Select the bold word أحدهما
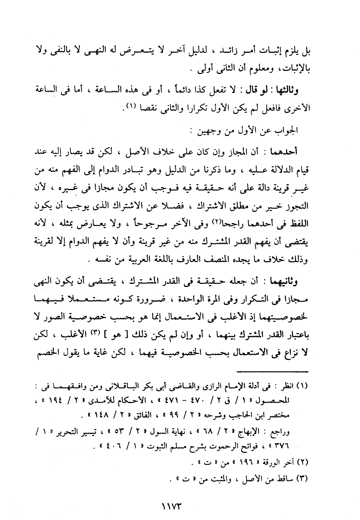[x=297, y=152]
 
